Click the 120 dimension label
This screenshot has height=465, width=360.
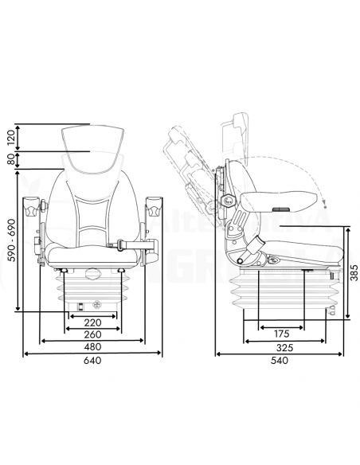click(x=10, y=137)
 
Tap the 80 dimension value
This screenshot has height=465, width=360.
click(x=10, y=160)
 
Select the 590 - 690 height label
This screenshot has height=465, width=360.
click(x=10, y=242)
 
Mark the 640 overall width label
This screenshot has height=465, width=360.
click(x=93, y=361)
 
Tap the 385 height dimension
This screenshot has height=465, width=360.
click(x=354, y=272)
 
